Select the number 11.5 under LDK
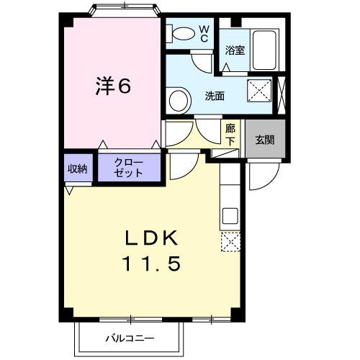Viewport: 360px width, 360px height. point(150,264)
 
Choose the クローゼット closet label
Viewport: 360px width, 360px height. point(130,168)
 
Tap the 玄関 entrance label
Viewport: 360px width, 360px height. point(264,140)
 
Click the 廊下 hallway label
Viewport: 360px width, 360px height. point(230,134)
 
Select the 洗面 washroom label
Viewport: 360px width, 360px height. point(215,96)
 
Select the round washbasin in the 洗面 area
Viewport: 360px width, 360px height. point(177,98)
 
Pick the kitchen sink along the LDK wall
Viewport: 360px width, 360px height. point(230,215)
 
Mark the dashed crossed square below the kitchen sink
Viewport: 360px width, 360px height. point(230,242)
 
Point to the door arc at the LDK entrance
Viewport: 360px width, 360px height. point(180,165)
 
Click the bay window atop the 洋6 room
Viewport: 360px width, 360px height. point(124,9)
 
